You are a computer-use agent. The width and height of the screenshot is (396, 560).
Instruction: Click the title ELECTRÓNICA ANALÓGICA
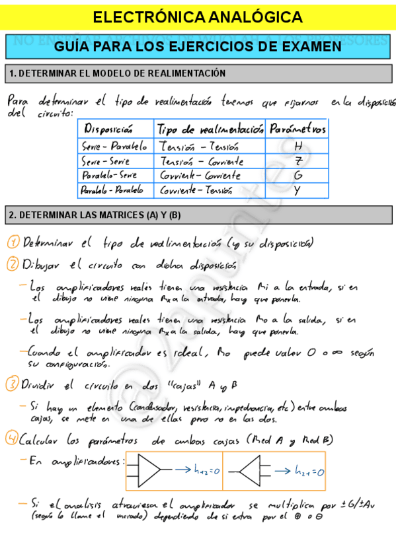198,17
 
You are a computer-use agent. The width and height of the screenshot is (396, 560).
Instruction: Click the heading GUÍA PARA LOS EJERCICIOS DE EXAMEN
198,46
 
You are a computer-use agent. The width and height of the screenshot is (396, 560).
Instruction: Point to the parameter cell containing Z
299,161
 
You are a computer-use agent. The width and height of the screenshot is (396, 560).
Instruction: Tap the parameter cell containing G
299,176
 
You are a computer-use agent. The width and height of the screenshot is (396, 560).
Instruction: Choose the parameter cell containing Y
297,191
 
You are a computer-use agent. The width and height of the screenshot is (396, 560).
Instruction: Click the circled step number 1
13,242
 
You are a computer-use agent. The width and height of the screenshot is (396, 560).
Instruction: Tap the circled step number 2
13,265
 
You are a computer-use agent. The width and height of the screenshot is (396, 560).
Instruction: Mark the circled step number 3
13,384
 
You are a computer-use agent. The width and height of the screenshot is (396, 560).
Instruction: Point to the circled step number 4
13,438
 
